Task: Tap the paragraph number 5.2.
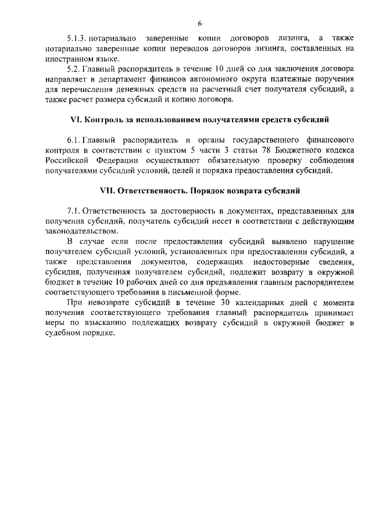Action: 75,70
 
